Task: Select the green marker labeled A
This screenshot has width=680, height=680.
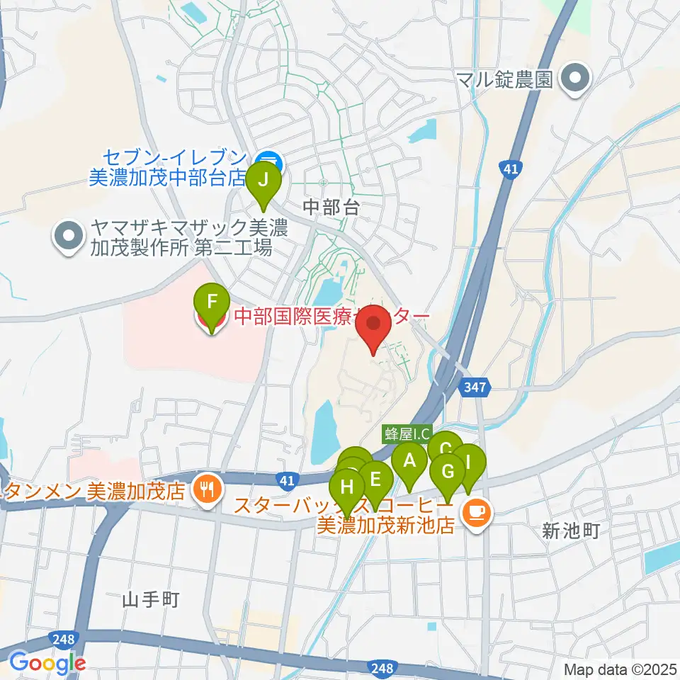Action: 409,462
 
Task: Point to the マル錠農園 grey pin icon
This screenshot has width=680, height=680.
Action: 574,79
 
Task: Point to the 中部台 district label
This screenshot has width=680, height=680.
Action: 331,207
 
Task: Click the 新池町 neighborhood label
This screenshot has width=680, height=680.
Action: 571,531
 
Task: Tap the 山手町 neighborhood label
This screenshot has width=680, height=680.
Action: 150,599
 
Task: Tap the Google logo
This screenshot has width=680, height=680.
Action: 47,663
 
